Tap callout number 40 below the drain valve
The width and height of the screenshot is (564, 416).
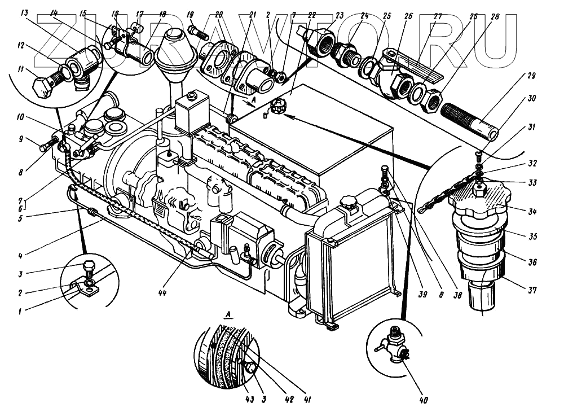point(424,401)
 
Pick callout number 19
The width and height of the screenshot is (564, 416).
point(190,13)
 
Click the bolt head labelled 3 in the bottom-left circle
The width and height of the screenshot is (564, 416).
point(89,266)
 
